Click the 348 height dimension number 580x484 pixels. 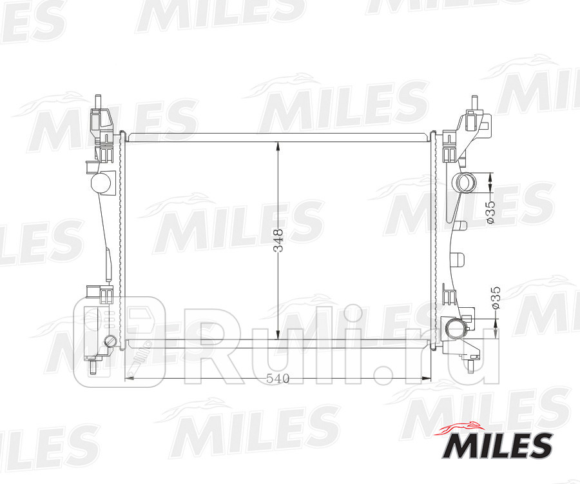(278, 241)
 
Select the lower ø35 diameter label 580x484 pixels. (495, 298)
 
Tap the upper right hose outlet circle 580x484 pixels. (465, 183)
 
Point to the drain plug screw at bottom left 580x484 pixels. (111, 341)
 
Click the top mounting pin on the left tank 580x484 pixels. (97, 102)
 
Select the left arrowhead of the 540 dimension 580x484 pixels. (128, 379)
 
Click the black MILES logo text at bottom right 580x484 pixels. (496, 446)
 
